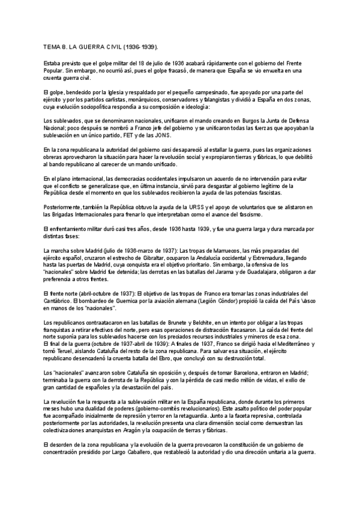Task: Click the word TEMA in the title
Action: click(53, 47)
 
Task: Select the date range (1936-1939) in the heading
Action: click(140, 47)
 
